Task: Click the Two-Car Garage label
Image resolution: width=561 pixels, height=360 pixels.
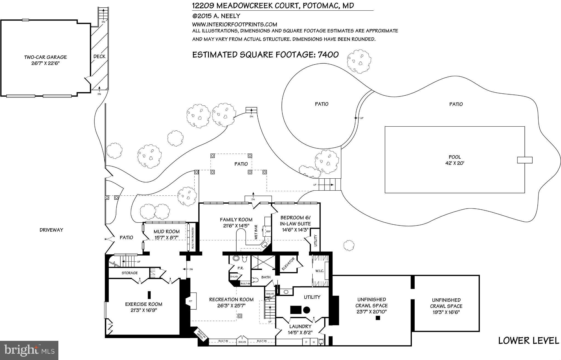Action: point(45,57)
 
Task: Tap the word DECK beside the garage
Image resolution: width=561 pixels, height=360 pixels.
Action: point(99,56)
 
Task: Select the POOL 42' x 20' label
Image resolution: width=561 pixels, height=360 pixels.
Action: point(455,160)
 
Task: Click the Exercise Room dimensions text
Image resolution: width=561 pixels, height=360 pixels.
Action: point(144,310)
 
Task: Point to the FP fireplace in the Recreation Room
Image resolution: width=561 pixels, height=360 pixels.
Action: point(190,301)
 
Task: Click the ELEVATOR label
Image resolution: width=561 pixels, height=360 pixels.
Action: point(288,264)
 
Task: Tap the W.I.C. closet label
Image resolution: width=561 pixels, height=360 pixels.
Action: point(320,271)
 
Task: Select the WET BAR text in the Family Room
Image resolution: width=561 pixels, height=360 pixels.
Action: point(256,232)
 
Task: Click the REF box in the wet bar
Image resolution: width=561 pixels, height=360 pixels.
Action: point(268,232)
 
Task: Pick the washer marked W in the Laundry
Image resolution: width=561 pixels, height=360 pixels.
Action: point(314,342)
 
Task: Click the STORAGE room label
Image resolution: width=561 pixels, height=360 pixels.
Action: point(130,273)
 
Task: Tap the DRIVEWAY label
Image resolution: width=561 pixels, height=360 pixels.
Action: point(51,230)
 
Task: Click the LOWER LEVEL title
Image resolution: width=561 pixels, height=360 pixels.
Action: point(528,341)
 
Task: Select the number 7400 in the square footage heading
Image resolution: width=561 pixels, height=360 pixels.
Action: point(328,55)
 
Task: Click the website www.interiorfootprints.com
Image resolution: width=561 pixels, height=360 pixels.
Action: point(235,24)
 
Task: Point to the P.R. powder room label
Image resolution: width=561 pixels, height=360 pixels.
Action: point(240,268)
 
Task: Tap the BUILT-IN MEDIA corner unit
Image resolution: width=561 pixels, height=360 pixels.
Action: point(202,335)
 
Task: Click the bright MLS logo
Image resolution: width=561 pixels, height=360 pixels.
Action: point(29,350)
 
